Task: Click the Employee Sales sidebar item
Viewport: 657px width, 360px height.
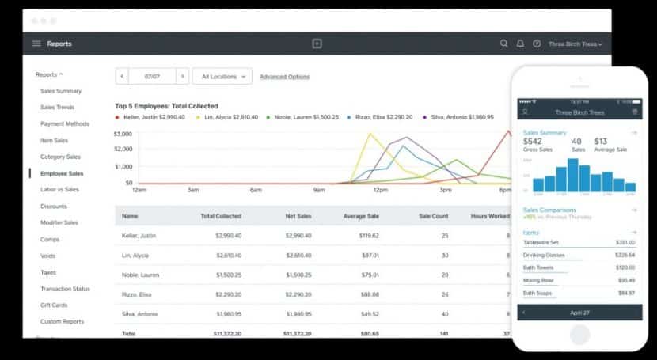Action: [62, 173]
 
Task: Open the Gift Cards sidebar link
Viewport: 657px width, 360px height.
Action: [54, 305]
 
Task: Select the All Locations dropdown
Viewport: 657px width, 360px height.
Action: [222, 77]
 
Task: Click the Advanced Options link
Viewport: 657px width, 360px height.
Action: [284, 77]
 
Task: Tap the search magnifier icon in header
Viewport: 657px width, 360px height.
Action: [504, 44]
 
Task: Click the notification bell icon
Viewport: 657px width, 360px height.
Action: [520, 44]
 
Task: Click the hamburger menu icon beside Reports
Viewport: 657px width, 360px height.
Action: [36, 44]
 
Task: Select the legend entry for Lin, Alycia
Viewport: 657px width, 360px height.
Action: [230, 117]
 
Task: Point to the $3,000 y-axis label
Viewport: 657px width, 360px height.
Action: [123, 135]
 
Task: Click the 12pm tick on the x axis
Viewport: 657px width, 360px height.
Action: [380, 190]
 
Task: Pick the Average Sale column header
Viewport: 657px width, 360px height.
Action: [361, 216]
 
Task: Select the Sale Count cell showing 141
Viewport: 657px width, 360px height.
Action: [443, 334]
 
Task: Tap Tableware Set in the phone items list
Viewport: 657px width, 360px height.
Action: [541, 242]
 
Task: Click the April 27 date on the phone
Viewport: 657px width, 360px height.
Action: [579, 313]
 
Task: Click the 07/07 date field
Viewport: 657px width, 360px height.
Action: [152, 77]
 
